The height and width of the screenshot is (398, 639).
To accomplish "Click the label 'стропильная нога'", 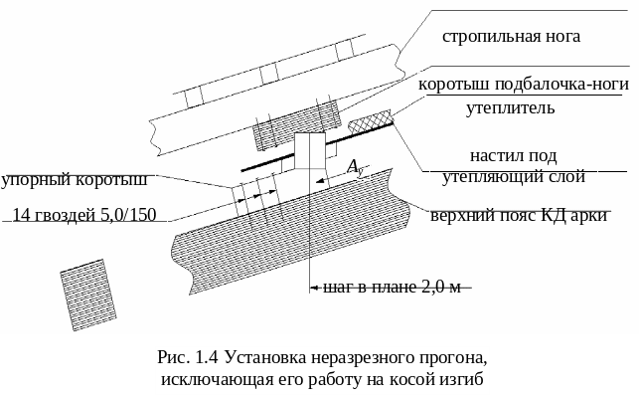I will tap(511, 37).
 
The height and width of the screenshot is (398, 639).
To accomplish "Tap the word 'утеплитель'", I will tap(510, 106).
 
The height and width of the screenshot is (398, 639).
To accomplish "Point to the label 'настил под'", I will tap(512, 156).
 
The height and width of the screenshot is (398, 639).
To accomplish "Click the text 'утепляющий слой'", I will tap(512, 176).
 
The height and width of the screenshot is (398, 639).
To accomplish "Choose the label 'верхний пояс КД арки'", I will tap(519, 215).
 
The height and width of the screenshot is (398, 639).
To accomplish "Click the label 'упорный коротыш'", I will tap(74, 180).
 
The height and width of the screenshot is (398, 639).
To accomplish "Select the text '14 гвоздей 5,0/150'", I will tap(84, 214).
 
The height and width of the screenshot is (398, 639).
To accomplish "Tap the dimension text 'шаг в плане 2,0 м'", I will tap(394, 288).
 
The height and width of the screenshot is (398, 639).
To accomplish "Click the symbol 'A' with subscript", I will tap(354, 167).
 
